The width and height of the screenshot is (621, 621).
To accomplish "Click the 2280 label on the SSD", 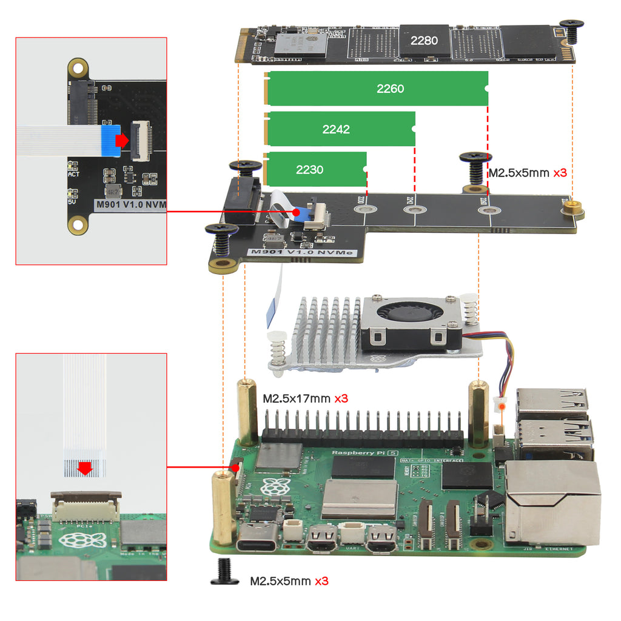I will pyautogui.click(x=424, y=41).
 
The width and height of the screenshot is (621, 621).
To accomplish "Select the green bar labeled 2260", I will pyautogui.click(x=377, y=89).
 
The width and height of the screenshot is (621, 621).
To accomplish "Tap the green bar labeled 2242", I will pyautogui.click(x=340, y=129).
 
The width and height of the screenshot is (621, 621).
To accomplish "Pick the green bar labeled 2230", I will pyautogui.click(x=315, y=169).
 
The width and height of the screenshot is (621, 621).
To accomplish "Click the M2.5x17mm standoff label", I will pyautogui.click(x=297, y=399).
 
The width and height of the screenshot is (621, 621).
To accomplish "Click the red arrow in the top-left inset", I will pyautogui.click(x=123, y=140).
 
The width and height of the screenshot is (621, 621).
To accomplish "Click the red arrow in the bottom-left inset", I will pyautogui.click(x=85, y=468).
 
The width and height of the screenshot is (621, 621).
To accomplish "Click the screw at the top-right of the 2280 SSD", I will pyautogui.click(x=571, y=30).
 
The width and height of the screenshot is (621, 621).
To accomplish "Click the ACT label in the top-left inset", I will pyautogui.click(x=73, y=174).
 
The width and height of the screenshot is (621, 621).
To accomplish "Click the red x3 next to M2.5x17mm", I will pyautogui.click(x=341, y=399).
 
